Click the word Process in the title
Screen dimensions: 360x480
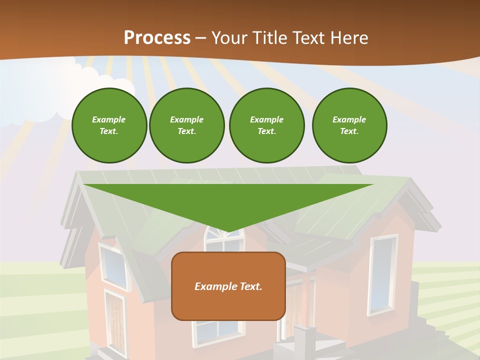tap(157, 38)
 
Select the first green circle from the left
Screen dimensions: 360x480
tap(109, 125)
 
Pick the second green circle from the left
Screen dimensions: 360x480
tap(186, 125)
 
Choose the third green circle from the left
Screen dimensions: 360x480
tap(266, 125)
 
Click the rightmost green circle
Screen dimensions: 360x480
tap(349, 125)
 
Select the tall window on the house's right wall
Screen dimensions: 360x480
tap(383, 275)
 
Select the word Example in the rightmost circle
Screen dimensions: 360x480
tap(349, 119)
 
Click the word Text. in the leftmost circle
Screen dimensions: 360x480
tap(109, 131)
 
